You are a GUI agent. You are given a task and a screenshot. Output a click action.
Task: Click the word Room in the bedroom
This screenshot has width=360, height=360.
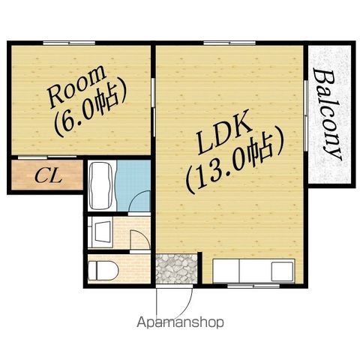tap(76, 86)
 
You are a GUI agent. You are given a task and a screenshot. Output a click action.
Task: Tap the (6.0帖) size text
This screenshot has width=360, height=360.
tap(89, 111)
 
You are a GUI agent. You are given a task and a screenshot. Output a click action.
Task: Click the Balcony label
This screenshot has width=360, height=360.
tap(327, 115)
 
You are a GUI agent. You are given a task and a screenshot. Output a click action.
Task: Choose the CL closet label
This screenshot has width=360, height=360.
tap(48, 176)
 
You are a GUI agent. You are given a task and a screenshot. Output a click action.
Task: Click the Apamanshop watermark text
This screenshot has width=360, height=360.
tap(180, 322)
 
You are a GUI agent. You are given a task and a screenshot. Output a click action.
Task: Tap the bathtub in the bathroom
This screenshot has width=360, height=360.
tap(102, 186)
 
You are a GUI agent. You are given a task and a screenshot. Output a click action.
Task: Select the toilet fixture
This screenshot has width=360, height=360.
tap(103, 271)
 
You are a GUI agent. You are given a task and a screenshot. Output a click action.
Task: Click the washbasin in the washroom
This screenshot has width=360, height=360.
tap(102, 231)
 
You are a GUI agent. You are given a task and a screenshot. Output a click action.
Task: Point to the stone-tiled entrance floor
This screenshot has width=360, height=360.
tap(176, 268)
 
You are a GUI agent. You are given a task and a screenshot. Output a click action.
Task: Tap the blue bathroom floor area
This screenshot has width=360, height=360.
tap(133, 185)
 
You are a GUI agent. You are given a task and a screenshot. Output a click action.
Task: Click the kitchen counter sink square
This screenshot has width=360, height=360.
tap(283, 271)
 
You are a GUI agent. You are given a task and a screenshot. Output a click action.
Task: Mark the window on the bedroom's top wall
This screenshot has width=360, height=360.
tap(69, 43)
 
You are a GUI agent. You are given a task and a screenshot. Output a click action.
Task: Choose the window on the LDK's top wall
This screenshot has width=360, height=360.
tap(229, 43)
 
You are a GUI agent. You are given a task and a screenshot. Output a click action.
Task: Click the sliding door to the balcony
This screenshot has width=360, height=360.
tap(305, 115)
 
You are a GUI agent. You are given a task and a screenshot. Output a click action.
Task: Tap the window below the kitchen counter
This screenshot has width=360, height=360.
tap(253, 286)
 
